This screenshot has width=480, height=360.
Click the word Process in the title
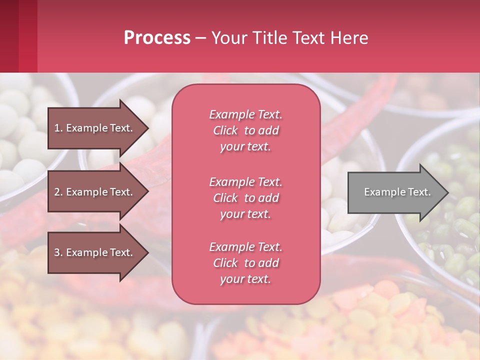click(x=157, y=38)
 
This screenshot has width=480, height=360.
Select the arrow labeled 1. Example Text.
click(x=95, y=128)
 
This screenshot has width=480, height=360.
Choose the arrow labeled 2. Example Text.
click(x=95, y=192)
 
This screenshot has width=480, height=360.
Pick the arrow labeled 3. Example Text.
click(x=95, y=252)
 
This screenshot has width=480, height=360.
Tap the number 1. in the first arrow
click(x=58, y=128)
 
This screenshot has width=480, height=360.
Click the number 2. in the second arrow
click(x=58, y=192)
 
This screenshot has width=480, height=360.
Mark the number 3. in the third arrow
click(x=58, y=252)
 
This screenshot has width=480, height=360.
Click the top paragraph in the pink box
click(x=245, y=130)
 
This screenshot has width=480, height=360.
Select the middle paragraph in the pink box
click(x=245, y=198)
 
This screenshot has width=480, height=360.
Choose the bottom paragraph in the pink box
click(x=245, y=263)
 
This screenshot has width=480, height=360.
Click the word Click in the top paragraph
click(x=225, y=130)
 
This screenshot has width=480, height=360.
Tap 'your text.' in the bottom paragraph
click(x=245, y=279)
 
